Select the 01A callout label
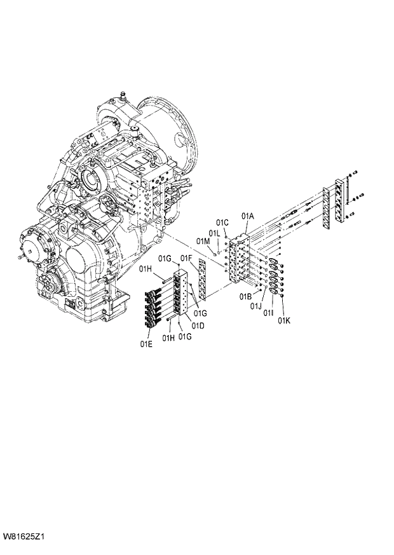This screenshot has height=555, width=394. click(x=248, y=217)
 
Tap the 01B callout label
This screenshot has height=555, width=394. click(x=246, y=297)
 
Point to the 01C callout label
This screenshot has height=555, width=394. click(x=222, y=223)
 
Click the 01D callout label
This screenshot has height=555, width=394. click(x=198, y=325)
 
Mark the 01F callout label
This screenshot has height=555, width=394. click(x=186, y=257)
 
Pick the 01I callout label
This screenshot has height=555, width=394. click(x=269, y=313)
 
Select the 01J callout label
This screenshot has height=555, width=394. click(x=255, y=306)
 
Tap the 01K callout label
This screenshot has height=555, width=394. click(x=283, y=320)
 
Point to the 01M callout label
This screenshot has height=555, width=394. click(x=203, y=241)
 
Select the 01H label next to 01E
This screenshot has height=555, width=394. click(x=168, y=338)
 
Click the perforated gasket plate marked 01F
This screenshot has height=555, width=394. click(x=203, y=280)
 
